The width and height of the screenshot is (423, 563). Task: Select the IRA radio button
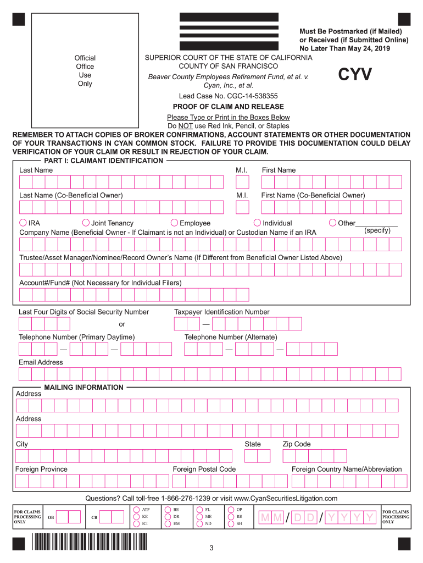pyautogui.click(x=23, y=223)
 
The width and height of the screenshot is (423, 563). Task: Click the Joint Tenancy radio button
pyautogui.click(x=86, y=223)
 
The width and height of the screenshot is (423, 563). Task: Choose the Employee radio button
pyautogui.click(x=174, y=223)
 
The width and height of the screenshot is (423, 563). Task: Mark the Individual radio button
pyautogui.click(x=257, y=223)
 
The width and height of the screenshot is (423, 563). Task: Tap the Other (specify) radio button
pyautogui.click(x=333, y=223)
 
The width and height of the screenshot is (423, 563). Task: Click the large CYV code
pyautogui.click(x=354, y=75)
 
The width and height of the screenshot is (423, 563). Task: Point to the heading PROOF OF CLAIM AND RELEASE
pyautogui.click(x=228, y=107)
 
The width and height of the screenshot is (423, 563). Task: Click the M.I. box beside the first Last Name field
pyautogui.click(x=242, y=182)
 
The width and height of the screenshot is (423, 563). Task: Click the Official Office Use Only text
pyautogui.click(x=85, y=71)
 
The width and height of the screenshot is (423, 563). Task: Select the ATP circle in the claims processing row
pyautogui.click(x=136, y=510)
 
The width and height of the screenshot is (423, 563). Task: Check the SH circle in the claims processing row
pyautogui.click(x=231, y=524)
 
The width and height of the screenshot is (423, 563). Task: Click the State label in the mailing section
pyautogui.click(x=253, y=444)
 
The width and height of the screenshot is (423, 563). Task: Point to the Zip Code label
pyautogui.click(x=297, y=444)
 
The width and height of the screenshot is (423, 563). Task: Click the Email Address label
pyautogui.click(x=41, y=362)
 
